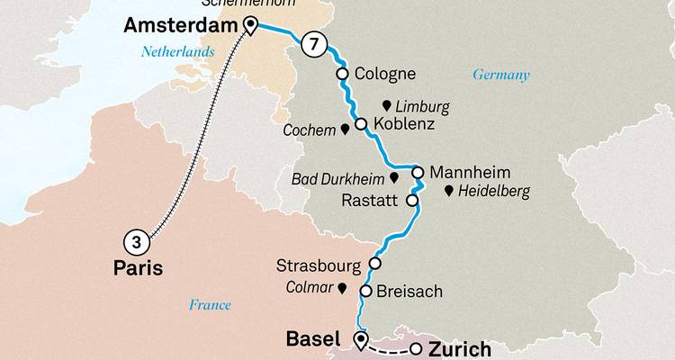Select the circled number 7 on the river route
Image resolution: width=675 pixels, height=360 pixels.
coord(311,43)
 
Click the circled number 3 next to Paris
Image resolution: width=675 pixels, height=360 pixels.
coord(133,240)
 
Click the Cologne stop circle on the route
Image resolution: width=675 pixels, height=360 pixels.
coord(342,74)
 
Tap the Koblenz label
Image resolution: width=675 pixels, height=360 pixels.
coord(405,125)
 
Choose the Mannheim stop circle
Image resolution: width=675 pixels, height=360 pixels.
coord(418,171)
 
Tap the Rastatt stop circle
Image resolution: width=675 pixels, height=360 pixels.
coord(412,202)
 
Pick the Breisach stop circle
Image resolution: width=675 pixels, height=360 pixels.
coord(365,291)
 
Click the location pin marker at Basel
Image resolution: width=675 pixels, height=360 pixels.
coord(361,339)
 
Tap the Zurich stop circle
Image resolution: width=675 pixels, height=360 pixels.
coord(415,349)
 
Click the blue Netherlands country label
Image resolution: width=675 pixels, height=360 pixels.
coord(177,52)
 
